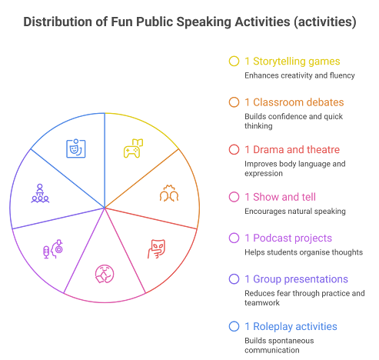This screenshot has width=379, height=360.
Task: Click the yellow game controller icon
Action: (133, 148)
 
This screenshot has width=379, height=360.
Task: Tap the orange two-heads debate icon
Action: (169, 193)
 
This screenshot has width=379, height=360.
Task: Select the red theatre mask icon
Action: (156, 248)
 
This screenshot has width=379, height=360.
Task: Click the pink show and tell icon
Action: (105, 274)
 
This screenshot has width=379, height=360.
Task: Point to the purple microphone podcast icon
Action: (53, 249)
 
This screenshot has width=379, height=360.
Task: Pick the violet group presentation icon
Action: (40, 193)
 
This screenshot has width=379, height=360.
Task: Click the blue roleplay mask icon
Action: (76, 148)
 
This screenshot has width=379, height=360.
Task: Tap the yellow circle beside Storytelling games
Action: (234, 62)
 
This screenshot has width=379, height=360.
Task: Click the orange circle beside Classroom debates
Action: (234, 102)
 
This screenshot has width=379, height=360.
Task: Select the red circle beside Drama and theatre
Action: (234, 149)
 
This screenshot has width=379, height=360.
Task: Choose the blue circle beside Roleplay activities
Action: (234, 326)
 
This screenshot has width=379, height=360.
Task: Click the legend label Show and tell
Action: (284, 197)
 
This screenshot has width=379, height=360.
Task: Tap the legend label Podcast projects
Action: (292, 238)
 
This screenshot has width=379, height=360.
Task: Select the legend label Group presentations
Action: (301, 279)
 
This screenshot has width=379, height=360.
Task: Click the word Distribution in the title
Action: (58, 22)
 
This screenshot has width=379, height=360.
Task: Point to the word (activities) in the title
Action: (325, 22)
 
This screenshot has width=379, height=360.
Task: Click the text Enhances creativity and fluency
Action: (300, 75)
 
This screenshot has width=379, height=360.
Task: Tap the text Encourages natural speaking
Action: (295, 212)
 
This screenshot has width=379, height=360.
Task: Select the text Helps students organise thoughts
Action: (304, 252)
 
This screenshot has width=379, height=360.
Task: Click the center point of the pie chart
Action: (105, 208)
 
